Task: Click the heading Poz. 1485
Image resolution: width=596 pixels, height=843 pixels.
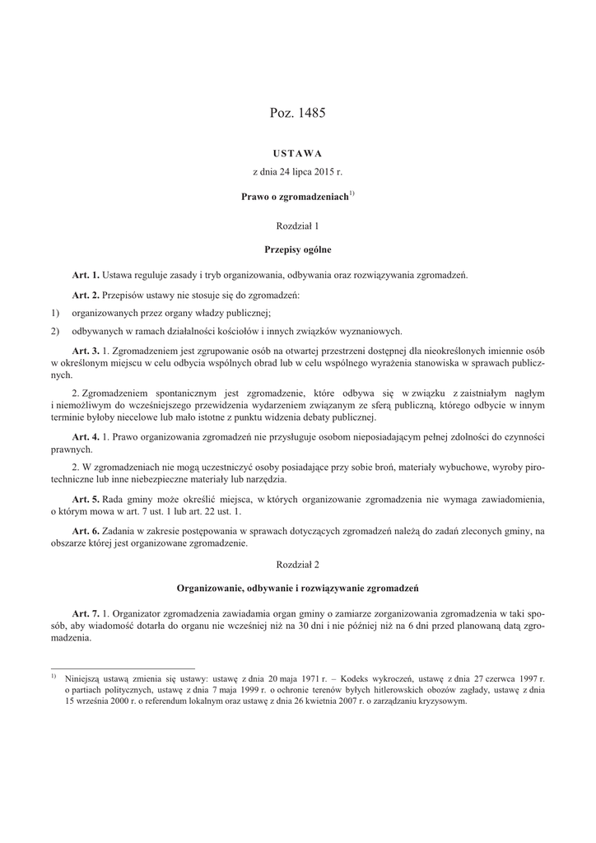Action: pos(298,114)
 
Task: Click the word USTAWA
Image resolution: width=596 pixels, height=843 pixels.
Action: pos(298,153)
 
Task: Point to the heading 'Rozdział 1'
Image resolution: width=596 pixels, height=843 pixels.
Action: pos(298,224)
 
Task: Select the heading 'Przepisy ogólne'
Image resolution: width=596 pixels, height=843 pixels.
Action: pos(298,249)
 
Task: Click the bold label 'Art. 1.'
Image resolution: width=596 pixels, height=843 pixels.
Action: pos(86,274)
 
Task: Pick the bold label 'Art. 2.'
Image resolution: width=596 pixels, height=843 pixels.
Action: pos(86,294)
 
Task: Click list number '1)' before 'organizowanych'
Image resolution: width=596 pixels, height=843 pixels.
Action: pos(55,313)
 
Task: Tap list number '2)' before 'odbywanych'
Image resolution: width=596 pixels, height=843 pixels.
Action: pos(55,332)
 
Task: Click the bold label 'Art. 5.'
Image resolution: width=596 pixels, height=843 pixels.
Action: pos(86,500)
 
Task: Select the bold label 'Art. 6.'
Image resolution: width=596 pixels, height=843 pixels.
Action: pos(86,531)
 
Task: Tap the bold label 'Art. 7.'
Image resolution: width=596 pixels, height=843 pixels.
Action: pos(86,614)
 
